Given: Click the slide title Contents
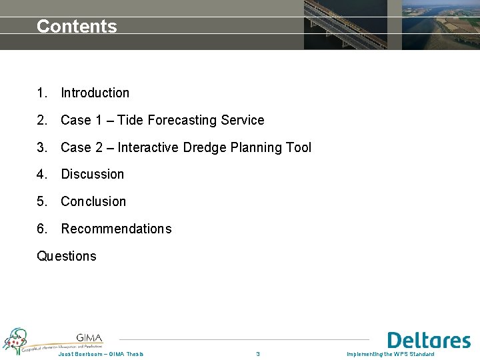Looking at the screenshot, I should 77,27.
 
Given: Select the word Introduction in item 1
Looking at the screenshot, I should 95,93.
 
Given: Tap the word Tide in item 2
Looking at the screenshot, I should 131,121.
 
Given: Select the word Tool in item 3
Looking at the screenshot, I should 298,147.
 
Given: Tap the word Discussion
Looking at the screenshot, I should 92,175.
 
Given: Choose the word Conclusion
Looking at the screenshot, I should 93,201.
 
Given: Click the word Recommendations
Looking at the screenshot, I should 116,229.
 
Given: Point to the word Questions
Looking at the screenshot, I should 67,257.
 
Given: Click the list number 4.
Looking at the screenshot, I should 42,175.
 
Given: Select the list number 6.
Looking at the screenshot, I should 42,229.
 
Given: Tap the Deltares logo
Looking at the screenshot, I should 429,341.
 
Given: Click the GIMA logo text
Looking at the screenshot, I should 89,337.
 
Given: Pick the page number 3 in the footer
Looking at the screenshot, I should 258,354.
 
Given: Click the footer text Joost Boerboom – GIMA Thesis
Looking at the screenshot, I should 101,354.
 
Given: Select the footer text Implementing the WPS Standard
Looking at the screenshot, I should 390,354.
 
